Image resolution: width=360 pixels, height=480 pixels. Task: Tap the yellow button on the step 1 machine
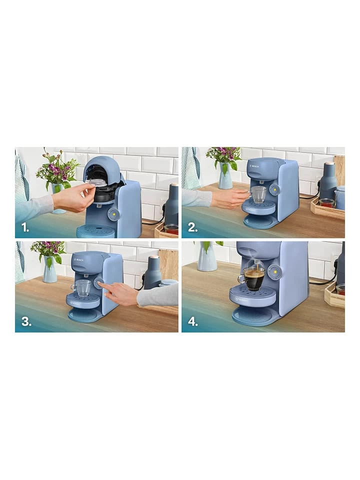113,214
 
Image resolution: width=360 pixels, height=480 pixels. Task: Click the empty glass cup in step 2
258,193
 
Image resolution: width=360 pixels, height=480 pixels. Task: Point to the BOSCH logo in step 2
255,165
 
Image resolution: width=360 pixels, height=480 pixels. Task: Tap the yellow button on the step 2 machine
274,189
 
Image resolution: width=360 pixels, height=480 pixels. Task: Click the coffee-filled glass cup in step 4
253,278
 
